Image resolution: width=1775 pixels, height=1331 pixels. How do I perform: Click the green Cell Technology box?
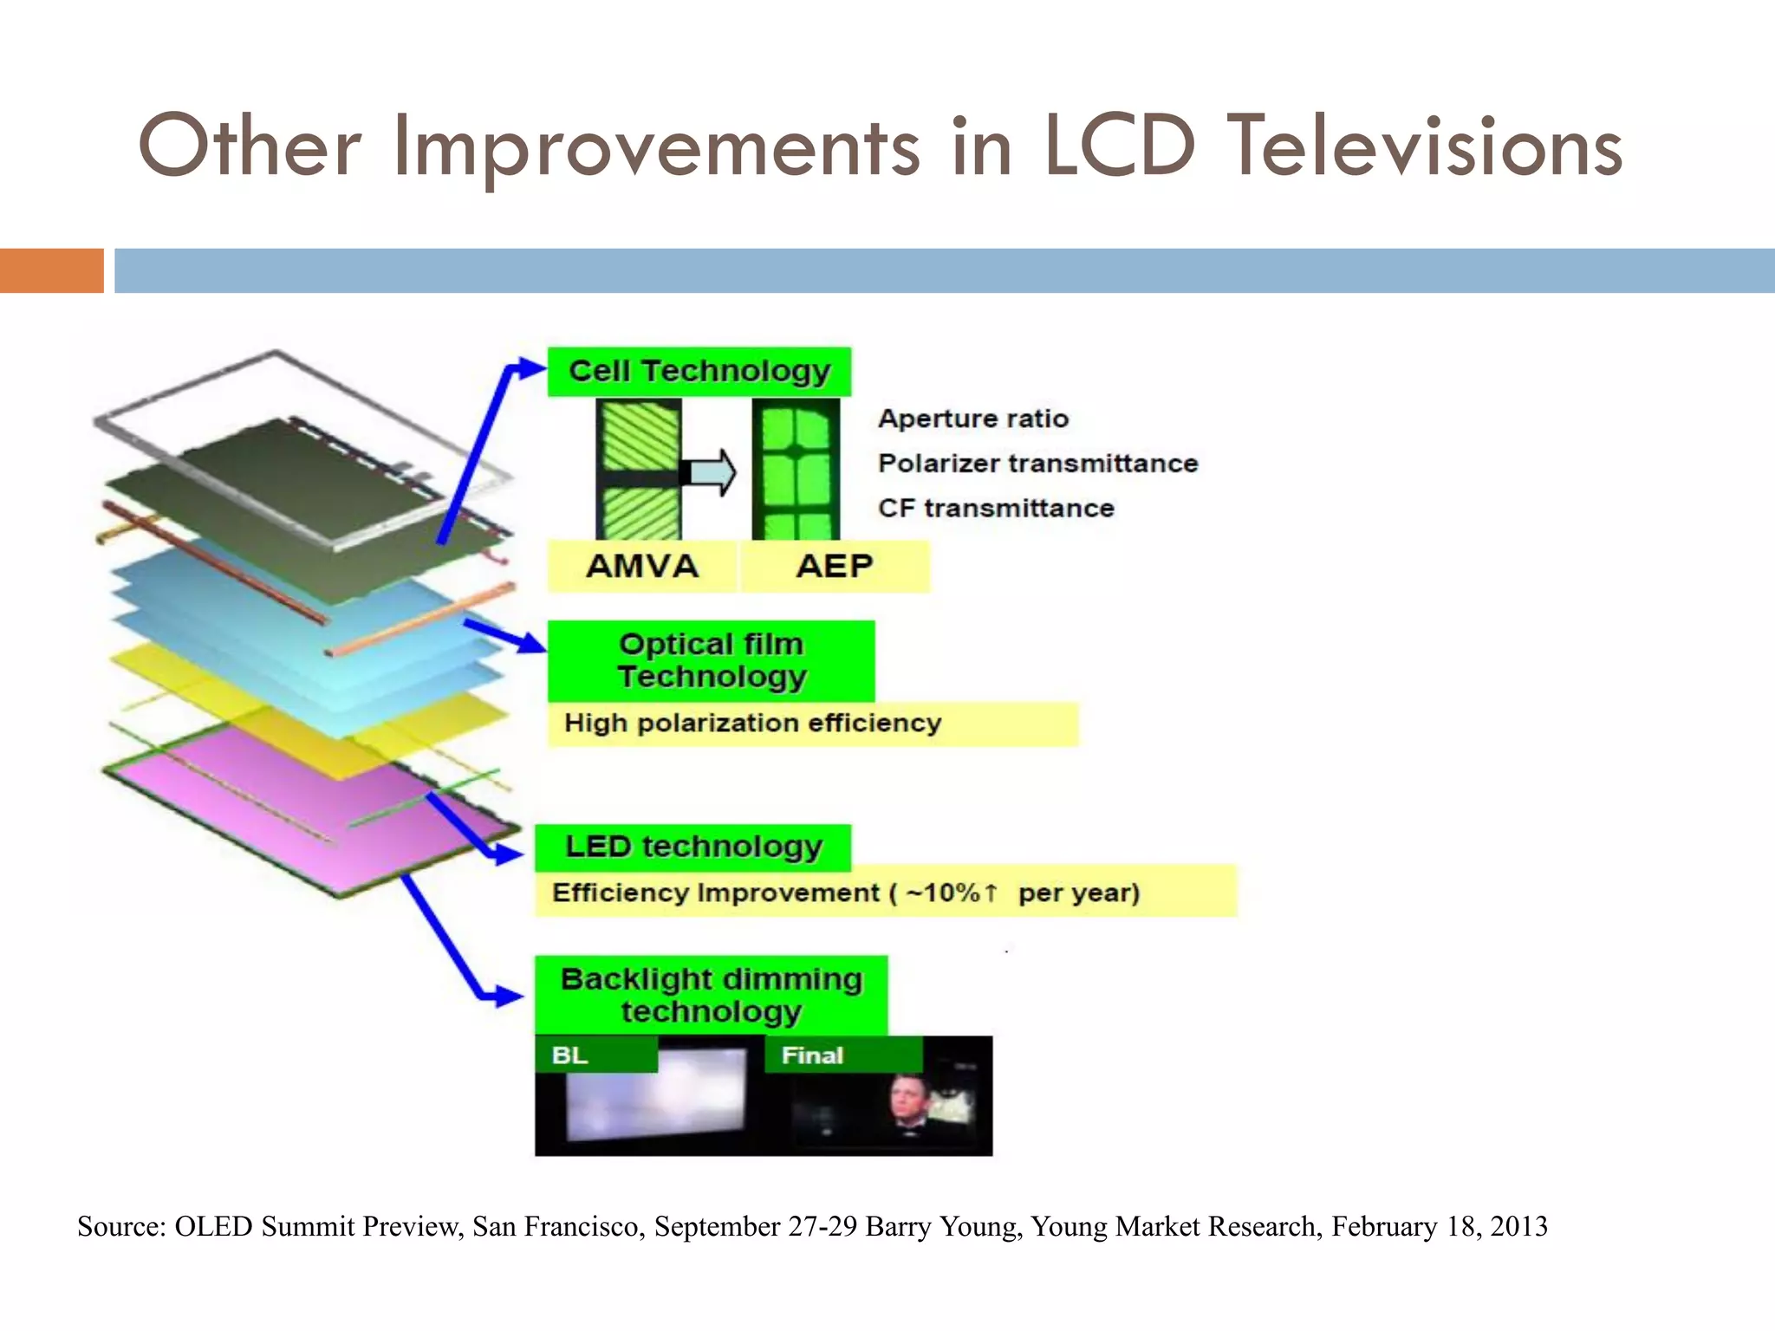pos(699,372)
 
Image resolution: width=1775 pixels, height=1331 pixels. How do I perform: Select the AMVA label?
pos(641,567)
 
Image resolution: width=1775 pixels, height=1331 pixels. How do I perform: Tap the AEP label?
pos(834,567)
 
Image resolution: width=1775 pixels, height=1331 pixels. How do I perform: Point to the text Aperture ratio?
pos(972,419)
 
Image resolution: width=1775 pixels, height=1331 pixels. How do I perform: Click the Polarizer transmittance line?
pos(1037,464)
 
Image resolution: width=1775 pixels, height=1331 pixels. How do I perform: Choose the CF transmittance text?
pos(995,508)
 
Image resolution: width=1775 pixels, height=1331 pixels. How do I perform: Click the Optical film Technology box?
pos(711,660)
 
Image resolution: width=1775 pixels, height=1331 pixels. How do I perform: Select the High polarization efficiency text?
pos(752,723)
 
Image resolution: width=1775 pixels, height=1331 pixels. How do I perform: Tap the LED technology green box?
pos(692,847)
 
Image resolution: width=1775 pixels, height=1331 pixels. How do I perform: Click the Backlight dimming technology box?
pos(711,995)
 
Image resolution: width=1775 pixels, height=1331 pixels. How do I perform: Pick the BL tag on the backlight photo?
pos(569,1055)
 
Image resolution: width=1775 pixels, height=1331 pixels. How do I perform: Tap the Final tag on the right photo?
pos(811,1055)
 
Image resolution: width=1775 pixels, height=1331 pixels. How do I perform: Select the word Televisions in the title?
pos(1425,147)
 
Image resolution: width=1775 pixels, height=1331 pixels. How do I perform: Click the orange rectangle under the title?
pos(51,270)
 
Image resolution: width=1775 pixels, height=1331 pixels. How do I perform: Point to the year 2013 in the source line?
pos(1518,1226)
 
